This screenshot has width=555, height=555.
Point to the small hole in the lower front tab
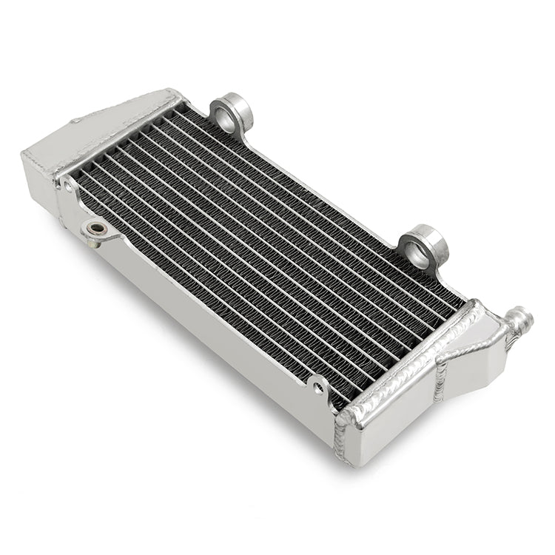(x=319, y=386)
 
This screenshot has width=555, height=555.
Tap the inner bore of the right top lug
(x=418, y=252)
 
